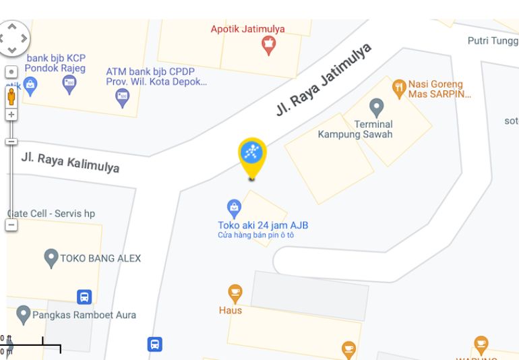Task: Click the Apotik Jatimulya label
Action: pyautogui.click(x=247, y=29)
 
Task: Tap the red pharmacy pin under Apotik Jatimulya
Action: pyautogui.click(x=268, y=46)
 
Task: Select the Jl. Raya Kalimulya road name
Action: pyautogui.click(x=70, y=162)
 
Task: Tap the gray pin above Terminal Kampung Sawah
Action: pyautogui.click(x=377, y=107)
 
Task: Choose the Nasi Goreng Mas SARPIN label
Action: pyautogui.click(x=439, y=90)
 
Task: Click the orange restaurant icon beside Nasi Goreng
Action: pyautogui.click(x=399, y=86)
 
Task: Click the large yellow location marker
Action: pyautogui.click(x=253, y=155)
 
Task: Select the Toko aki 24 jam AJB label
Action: pyautogui.click(x=263, y=225)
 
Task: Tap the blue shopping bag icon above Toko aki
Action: pyautogui.click(x=234, y=206)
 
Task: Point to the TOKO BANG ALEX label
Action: pyautogui.click(x=100, y=258)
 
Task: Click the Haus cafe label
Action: pyautogui.click(x=231, y=310)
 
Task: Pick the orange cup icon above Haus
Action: pyautogui.click(x=235, y=293)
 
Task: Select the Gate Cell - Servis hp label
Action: pyautogui.click(x=51, y=214)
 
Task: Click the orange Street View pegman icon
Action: pyautogui.click(x=11, y=96)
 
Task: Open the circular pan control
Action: pyautogui.click(x=14, y=38)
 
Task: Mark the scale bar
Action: pyautogui.click(x=34, y=347)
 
